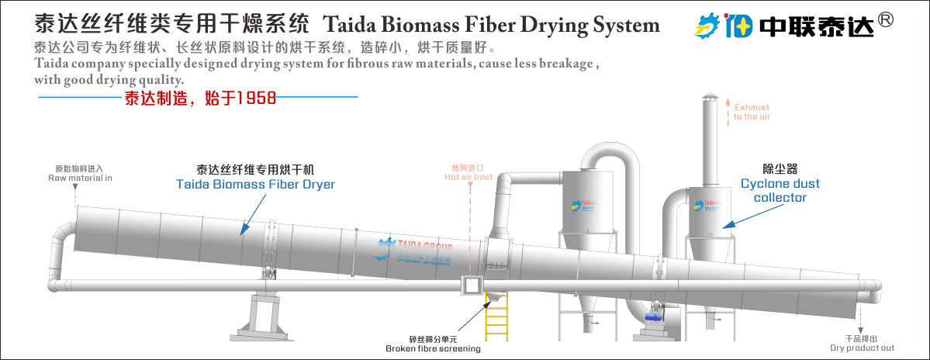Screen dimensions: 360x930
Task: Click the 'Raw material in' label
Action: point(80,178)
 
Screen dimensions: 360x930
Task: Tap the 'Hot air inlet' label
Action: point(468,177)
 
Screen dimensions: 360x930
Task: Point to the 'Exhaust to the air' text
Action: point(752,112)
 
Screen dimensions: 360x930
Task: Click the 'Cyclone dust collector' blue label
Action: point(780,191)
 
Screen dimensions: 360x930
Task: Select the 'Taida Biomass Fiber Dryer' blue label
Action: point(255,185)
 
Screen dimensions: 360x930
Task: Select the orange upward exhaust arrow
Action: point(728,109)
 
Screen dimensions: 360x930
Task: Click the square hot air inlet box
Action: point(472,286)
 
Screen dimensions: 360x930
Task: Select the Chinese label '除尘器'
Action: point(780,168)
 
